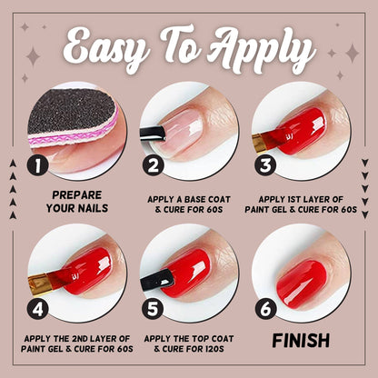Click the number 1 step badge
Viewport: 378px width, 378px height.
(38, 166)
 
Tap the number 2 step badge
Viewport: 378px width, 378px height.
(154, 164)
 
